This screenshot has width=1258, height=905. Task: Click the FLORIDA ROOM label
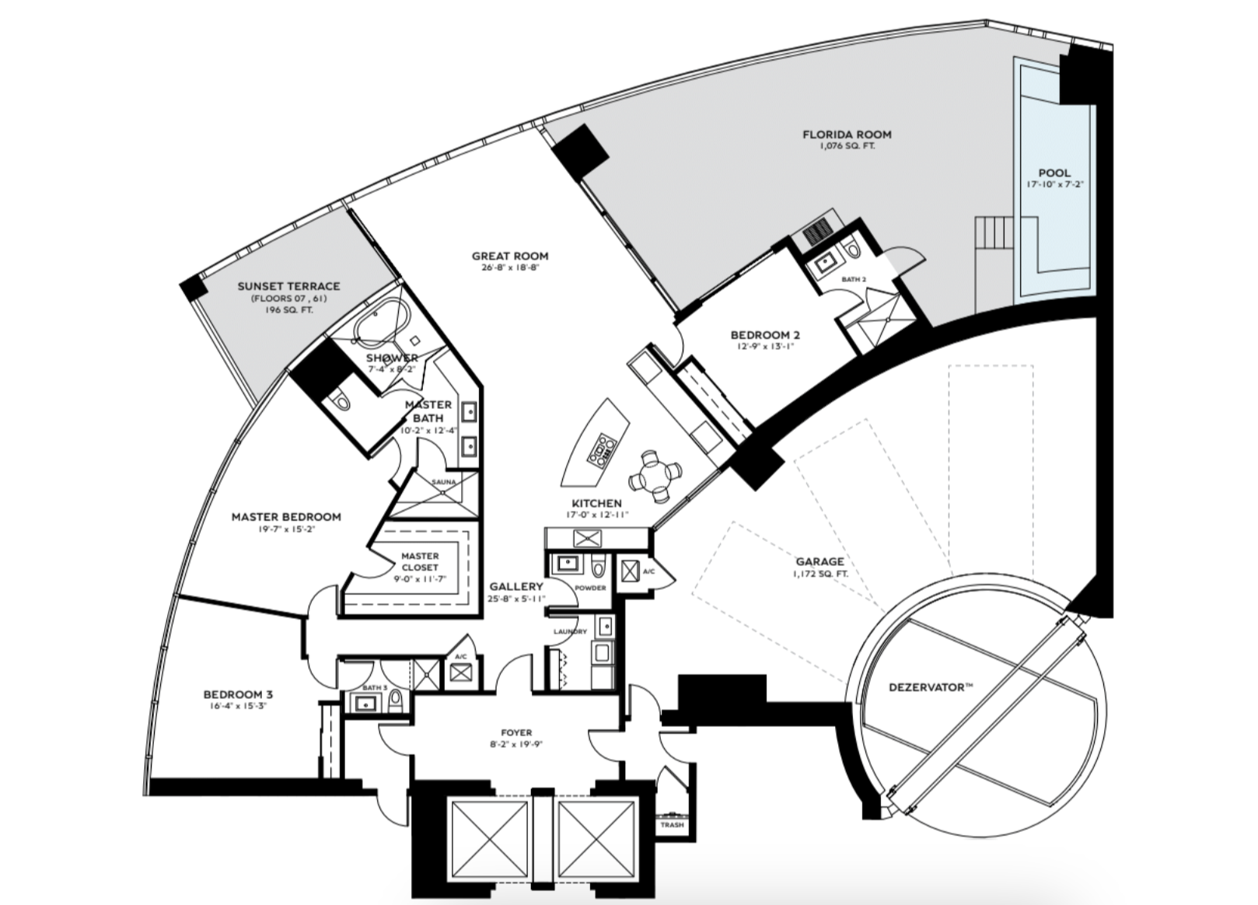click(847, 135)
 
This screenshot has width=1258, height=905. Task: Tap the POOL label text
click(1054, 173)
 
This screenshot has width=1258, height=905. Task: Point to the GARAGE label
click(820, 561)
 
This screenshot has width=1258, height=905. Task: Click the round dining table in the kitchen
click(656, 475)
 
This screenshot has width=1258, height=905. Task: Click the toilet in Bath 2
click(853, 249)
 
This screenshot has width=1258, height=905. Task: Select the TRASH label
click(673, 825)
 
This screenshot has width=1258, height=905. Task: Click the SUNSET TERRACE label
click(288, 286)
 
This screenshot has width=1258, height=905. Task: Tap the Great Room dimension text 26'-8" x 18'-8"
click(509, 268)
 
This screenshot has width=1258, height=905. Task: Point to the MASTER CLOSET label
click(420, 562)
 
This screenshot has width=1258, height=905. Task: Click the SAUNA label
click(444, 482)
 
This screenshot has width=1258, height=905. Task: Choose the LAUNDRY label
click(570, 631)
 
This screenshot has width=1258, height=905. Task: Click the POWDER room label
click(590, 588)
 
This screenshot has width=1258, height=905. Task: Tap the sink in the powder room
click(566, 563)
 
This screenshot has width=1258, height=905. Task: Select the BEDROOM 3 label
click(238, 695)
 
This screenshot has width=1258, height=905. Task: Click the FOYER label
click(516, 732)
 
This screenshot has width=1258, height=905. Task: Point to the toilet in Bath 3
click(396, 701)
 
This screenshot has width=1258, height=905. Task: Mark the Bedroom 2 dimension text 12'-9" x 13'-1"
click(766, 347)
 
